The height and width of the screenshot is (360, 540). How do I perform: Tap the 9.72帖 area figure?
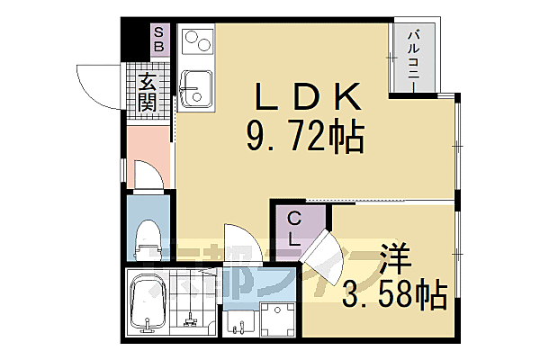304,138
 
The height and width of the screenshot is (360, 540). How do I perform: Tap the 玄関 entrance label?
146,92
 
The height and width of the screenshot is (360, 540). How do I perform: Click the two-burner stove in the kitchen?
197,43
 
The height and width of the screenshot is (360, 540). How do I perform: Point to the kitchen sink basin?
195,89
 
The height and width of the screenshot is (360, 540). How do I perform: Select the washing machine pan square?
279,316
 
